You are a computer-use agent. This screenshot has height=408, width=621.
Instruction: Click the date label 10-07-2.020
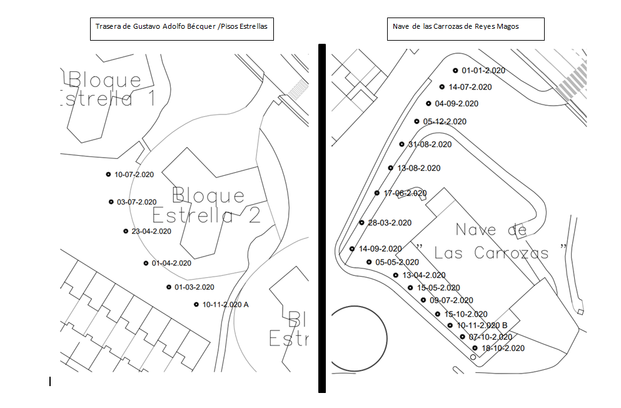[x=134, y=175]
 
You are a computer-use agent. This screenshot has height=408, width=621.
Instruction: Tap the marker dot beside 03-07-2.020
[x=111, y=201]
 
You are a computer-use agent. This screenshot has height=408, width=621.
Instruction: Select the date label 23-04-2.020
[x=151, y=232]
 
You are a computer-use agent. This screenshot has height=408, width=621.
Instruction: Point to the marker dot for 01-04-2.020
[x=146, y=263]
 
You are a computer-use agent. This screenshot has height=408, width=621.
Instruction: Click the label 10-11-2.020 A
[x=225, y=305]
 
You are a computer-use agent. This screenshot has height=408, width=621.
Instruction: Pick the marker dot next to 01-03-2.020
[x=169, y=287]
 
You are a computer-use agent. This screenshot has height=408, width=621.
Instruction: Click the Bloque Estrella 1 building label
[x=108, y=89]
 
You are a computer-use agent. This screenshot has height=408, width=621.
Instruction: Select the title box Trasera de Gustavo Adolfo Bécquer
[x=182, y=29]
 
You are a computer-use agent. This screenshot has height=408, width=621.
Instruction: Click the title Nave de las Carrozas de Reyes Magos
[x=466, y=29]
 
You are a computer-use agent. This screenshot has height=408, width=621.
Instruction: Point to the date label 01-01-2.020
[x=483, y=71]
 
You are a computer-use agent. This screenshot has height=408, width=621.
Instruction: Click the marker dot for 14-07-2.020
[x=442, y=87]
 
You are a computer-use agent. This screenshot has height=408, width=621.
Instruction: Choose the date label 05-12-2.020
[x=445, y=121]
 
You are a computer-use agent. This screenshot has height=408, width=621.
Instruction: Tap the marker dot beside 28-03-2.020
[x=361, y=223]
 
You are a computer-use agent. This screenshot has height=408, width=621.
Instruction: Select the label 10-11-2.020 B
[x=482, y=325]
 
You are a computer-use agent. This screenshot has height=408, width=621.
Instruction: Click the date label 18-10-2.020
[x=503, y=349]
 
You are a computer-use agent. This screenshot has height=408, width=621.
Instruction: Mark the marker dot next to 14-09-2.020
[x=352, y=249]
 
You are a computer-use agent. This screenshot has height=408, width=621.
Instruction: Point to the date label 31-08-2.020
[x=430, y=145]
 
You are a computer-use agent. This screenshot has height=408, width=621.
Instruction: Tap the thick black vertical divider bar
[x=322, y=218]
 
